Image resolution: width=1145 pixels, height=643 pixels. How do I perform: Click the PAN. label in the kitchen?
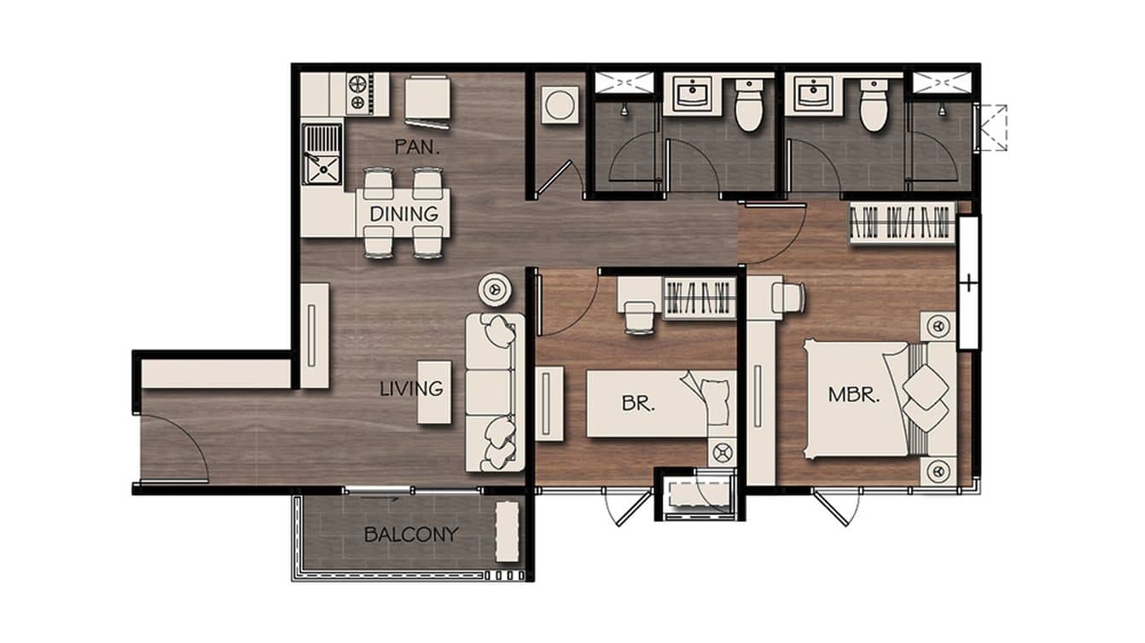pos(416,148)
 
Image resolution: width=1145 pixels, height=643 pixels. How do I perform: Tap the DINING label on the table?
pos(404,214)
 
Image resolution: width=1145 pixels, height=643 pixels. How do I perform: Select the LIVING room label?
pos(412,389)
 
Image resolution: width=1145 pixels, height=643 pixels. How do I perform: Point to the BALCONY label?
pos(410,536)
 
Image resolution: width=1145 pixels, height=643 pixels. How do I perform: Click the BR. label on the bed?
pos(638,404)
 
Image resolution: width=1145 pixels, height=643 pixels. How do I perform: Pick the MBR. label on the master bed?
pos(854,395)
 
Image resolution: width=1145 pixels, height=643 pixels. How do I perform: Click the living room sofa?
pos(494,392)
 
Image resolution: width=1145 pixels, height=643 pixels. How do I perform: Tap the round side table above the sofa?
pos(495,289)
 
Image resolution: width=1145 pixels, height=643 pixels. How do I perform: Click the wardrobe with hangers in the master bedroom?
pos(901,224)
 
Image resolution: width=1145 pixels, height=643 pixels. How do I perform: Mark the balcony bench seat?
pos(508,531)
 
